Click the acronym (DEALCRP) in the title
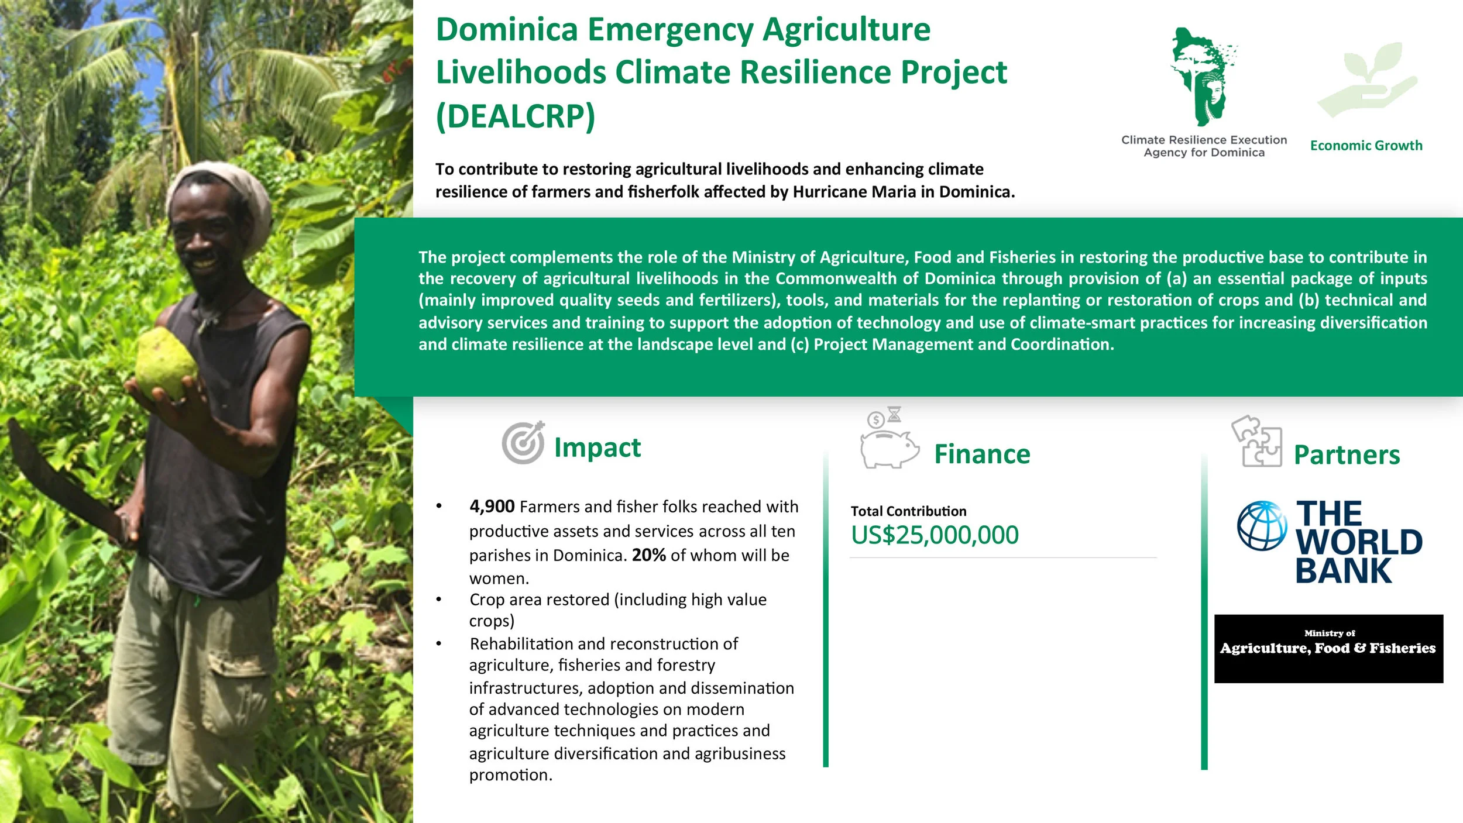(x=515, y=116)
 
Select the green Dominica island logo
(x=1203, y=76)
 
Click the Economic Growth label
(x=1366, y=146)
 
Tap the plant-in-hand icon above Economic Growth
(x=1366, y=79)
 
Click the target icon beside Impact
(x=523, y=443)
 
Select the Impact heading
(x=597, y=447)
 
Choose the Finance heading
(x=982, y=454)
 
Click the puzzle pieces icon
(x=1257, y=442)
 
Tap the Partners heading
(x=1347, y=455)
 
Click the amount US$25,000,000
(x=935, y=535)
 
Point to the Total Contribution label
(x=908, y=511)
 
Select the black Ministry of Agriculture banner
(x=1328, y=649)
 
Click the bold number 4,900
(x=492, y=507)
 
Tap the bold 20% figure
(x=648, y=555)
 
